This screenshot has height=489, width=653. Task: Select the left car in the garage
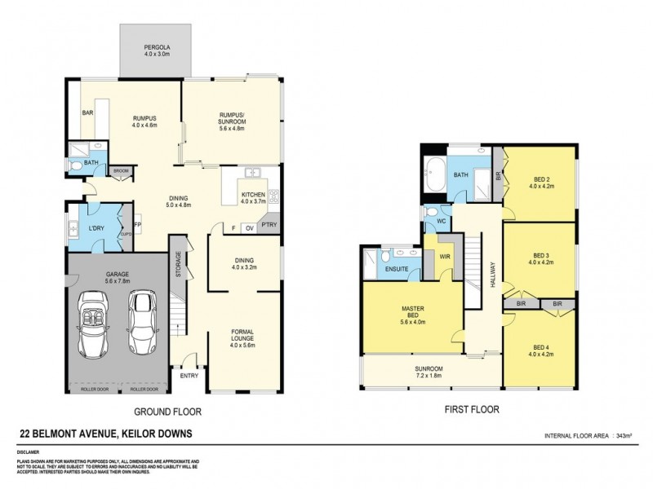[93, 324]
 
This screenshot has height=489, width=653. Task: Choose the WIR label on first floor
[445, 257]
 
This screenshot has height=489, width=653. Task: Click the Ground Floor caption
[167, 411]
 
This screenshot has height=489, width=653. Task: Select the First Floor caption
[471, 410]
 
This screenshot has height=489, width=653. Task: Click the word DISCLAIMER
[28, 451]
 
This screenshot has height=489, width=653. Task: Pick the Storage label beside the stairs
[178, 266]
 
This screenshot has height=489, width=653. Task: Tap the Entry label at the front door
[189, 376]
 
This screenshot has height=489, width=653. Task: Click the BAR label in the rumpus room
[86, 113]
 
